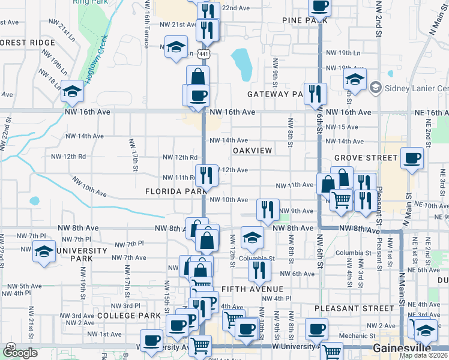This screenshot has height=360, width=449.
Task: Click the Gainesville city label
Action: (402, 349)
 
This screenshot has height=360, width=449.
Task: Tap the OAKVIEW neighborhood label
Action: (252, 150)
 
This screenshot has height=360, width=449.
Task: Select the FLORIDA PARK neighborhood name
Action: (176, 191)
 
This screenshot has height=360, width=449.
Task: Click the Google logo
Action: (20, 353)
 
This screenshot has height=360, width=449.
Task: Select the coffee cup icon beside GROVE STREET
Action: (412, 158)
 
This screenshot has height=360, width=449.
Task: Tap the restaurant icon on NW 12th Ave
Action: (206, 175)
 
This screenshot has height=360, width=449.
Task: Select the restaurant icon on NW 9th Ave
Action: (267, 209)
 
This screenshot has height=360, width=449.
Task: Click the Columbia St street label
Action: (256, 259)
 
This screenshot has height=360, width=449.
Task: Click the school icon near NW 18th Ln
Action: (72, 91)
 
